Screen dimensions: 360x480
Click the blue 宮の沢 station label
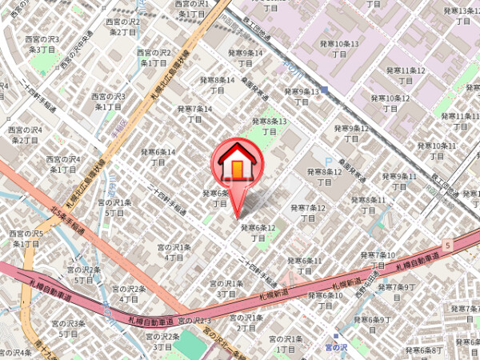point(338,346)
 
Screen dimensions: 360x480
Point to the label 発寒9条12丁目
point(352,133)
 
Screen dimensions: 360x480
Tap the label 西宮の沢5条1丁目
point(26,238)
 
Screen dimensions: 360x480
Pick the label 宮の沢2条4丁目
point(129,294)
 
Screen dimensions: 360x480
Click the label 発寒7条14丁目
point(195,113)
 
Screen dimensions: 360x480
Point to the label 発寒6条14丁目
point(158,157)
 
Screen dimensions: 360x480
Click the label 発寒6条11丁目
point(305,266)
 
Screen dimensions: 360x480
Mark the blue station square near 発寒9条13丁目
point(323,90)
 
